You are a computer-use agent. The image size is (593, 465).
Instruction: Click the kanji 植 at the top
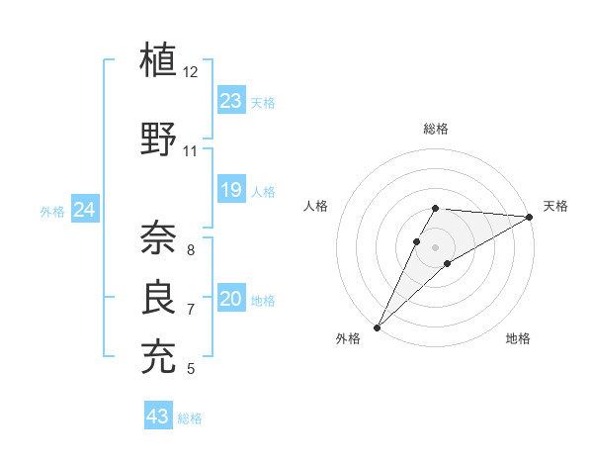tap(160, 60)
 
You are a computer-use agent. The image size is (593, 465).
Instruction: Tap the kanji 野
tap(160, 139)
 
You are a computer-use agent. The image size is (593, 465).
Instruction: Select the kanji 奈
tap(160, 237)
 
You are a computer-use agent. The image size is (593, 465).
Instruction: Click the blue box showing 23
tap(231, 101)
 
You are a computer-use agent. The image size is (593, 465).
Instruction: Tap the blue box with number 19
tap(231, 190)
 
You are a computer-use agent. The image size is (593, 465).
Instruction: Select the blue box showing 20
tap(231, 299)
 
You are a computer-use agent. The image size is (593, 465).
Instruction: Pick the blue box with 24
tap(85, 210)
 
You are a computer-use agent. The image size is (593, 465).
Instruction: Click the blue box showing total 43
tap(158, 417)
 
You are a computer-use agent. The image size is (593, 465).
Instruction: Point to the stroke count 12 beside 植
tap(191, 72)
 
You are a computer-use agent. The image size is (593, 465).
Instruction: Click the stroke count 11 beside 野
tap(191, 151)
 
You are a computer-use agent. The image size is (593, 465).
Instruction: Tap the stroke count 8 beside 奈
tap(191, 250)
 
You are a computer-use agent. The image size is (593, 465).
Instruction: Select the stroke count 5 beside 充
tap(191, 369)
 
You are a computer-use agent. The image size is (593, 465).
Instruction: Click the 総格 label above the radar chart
tap(436, 129)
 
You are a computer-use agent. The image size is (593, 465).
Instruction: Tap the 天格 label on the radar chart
tap(555, 206)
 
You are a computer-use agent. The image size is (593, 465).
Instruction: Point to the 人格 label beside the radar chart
tap(316, 206)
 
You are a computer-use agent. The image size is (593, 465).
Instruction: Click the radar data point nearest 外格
tap(377, 326)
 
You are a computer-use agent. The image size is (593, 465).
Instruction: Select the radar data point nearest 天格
tap(530, 217)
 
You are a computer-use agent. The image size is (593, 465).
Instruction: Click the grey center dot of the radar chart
tap(436, 246)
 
